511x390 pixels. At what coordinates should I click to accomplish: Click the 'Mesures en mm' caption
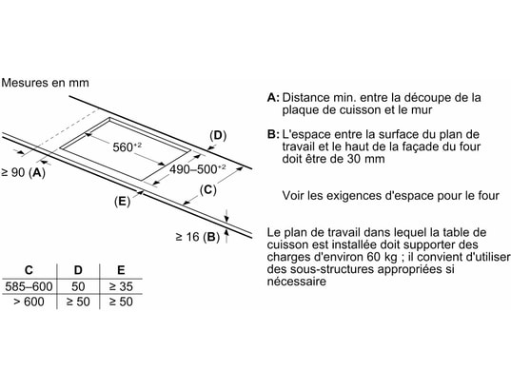[x=45, y=83]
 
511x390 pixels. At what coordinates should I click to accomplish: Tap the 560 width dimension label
[x=128, y=146]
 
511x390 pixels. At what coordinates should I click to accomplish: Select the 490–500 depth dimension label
[x=198, y=168]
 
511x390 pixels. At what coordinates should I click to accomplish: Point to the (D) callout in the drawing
[x=218, y=135]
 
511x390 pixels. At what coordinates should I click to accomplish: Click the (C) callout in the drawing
[x=207, y=189]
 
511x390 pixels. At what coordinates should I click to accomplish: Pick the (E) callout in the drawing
[x=122, y=202]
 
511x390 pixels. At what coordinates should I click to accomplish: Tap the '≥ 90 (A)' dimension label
[x=23, y=172]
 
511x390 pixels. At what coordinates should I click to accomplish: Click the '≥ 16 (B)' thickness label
[x=198, y=237]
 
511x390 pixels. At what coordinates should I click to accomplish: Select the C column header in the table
[x=29, y=270]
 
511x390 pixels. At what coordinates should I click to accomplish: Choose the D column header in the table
[x=78, y=270]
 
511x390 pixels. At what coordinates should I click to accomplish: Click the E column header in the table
[x=121, y=270]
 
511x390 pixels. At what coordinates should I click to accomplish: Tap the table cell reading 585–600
[x=29, y=286]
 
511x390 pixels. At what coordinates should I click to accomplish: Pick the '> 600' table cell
[x=29, y=302]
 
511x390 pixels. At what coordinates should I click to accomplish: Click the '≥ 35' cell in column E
[x=121, y=286]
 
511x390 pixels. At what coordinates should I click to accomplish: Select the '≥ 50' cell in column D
[x=78, y=302]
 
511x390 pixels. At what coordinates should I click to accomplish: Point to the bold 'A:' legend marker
[x=273, y=97]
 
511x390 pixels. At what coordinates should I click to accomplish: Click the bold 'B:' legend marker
[x=273, y=134]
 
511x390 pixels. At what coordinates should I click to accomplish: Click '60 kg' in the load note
[x=382, y=257]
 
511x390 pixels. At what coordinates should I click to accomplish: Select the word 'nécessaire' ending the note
[x=296, y=282]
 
